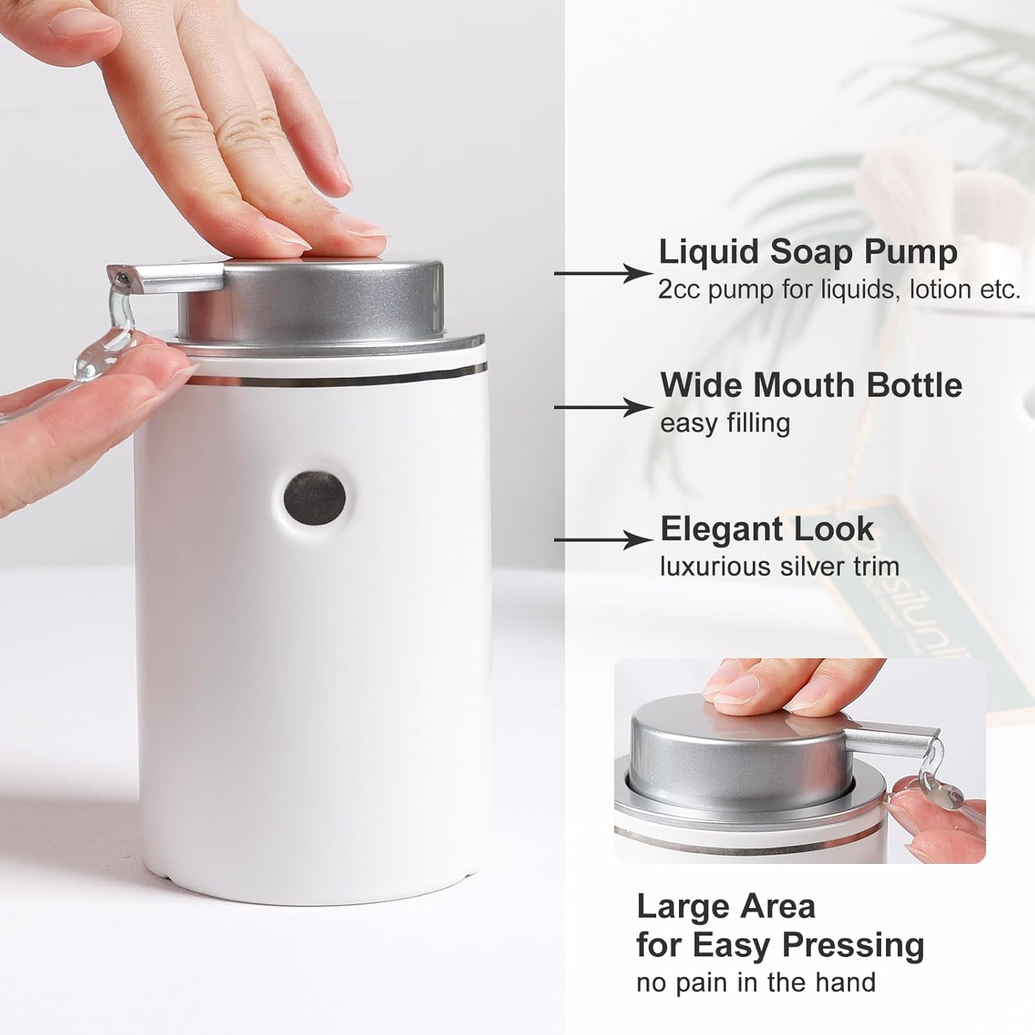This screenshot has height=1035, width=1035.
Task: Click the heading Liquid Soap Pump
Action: click(808, 253)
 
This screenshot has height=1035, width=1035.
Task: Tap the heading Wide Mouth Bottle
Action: click(811, 385)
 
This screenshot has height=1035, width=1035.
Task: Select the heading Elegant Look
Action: click(767, 529)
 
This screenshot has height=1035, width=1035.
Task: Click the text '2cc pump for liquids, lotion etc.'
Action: click(839, 290)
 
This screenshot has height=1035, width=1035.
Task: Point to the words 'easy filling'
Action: click(724, 423)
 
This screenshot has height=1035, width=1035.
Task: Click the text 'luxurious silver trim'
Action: click(780, 566)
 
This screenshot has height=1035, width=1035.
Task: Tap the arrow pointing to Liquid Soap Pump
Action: click(603, 274)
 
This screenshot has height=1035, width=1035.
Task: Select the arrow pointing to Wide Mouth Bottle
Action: click(603, 407)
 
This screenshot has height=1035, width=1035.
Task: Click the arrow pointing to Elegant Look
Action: click(603, 540)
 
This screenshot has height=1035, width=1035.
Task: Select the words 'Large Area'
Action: click(726, 907)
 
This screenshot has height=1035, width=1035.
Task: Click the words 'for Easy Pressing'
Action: click(780, 945)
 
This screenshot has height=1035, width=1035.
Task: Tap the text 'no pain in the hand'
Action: click(756, 982)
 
